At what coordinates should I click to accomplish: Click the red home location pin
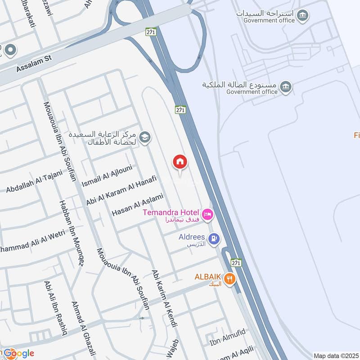click(180, 162)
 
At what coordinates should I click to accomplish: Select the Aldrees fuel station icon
click(215, 238)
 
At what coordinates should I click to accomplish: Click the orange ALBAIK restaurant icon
click(229, 279)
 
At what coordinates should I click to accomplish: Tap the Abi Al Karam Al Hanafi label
click(121, 190)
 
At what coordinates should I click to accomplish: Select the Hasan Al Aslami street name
click(137, 206)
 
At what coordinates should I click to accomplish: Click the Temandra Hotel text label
click(171, 212)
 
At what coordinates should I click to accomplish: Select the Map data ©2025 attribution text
click(336, 355)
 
